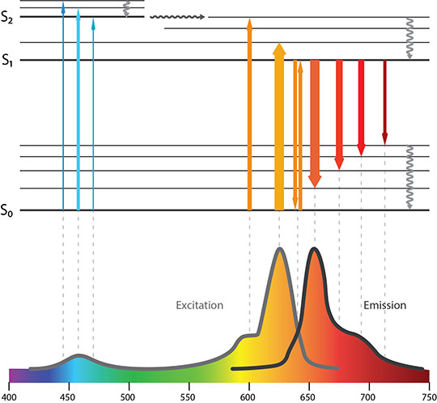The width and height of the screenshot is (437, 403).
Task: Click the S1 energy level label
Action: pyautogui.click(x=8, y=60)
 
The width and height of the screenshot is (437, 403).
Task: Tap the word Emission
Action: pyautogui.click(x=384, y=306)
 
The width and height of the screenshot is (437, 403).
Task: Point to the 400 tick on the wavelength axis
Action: pyautogui.click(x=9, y=397)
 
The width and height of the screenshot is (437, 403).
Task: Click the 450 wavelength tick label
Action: pyautogui.click(x=67, y=397)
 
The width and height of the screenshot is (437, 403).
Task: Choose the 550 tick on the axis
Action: pyautogui.click(x=188, y=397)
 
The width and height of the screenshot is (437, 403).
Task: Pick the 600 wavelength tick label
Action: pyautogui.click(x=248, y=397)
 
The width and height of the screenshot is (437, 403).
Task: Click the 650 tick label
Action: pyautogui.click(x=308, y=397)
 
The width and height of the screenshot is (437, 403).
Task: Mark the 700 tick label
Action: pyautogui.click(x=368, y=397)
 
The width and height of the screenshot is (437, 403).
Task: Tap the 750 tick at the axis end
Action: pyautogui.click(x=427, y=397)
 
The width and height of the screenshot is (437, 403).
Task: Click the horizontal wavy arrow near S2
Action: pyautogui.click(x=178, y=16)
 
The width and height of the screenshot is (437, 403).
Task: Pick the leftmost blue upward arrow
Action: pyautogui.click(x=62, y=105)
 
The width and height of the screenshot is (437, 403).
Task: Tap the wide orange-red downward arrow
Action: pyautogui.click(x=315, y=121)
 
